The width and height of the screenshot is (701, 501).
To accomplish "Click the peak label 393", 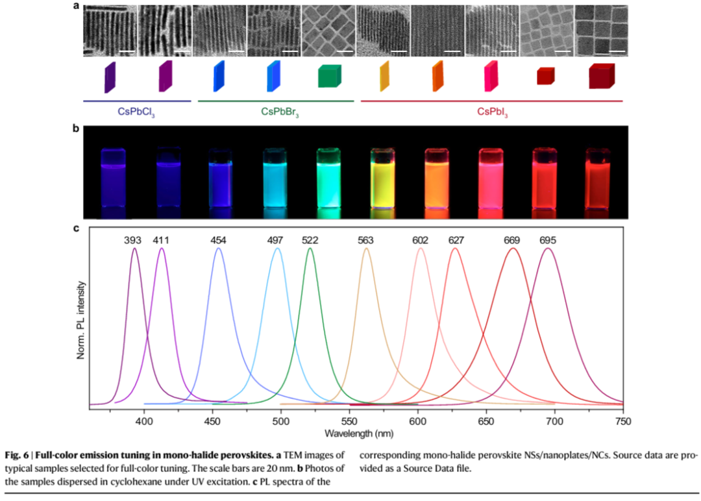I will coord(132,241).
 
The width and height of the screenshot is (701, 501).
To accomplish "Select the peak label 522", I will coord(310,241).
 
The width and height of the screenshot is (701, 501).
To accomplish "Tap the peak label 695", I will coord(548,241).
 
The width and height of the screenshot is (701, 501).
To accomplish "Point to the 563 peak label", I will coord(366,241).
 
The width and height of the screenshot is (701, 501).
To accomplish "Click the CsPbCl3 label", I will coord(136,112).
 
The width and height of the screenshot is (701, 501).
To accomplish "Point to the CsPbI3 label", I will coord(492,112).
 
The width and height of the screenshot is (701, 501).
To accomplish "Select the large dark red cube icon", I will coord(601,77).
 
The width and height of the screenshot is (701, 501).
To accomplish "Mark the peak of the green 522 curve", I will coord(310,249).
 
